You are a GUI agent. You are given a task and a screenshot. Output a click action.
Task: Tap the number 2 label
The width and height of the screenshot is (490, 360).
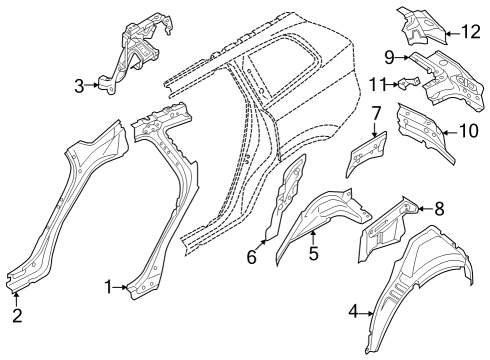click(17, 317)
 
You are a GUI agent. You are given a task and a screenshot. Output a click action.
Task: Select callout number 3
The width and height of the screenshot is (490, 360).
click(80, 87)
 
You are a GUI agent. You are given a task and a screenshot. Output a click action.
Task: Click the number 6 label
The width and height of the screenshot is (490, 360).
click(251, 257)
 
